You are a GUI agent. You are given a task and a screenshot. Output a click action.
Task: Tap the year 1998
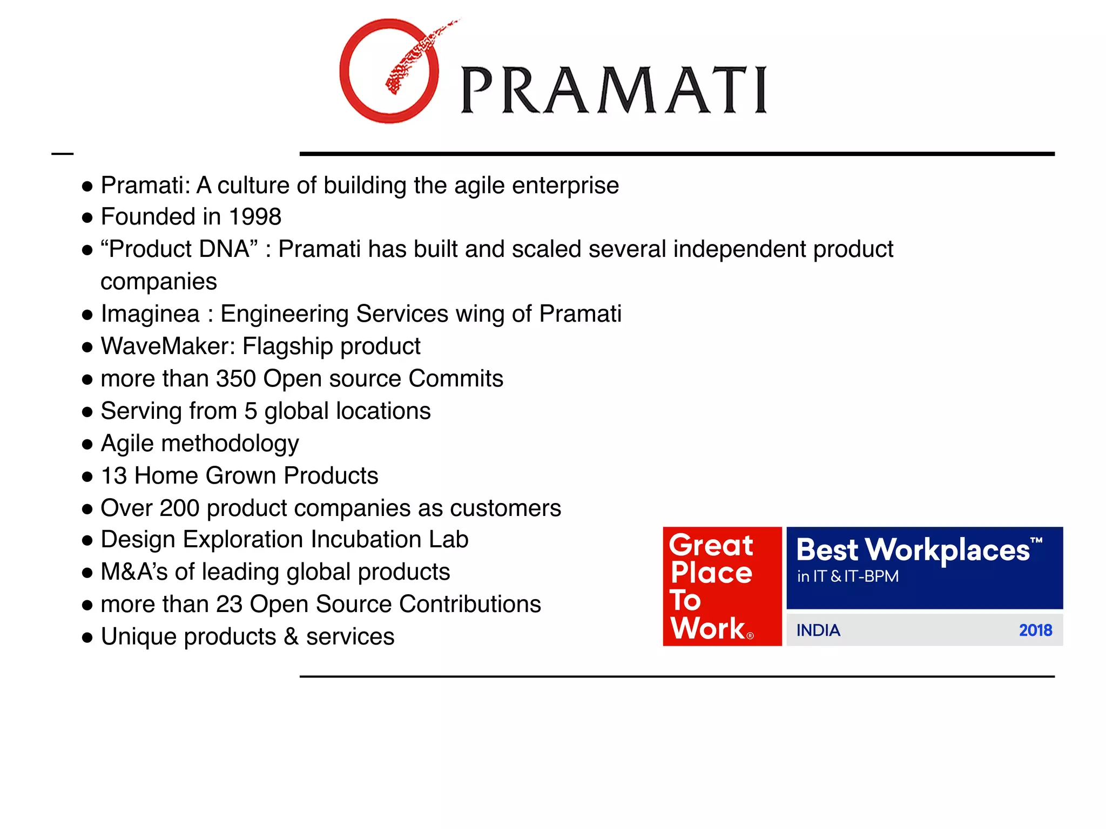(x=255, y=217)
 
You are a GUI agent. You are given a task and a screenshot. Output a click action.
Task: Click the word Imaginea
(x=150, y=314)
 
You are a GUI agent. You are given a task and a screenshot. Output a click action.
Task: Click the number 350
(x=235, y=379)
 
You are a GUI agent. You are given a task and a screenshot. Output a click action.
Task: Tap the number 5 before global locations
(x=251, y=411)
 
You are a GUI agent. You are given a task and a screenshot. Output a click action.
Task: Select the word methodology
(x=230, y=444)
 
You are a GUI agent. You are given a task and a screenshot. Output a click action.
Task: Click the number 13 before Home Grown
(x=114, y=476)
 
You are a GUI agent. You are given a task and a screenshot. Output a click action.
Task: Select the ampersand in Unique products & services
(x=291, y=637)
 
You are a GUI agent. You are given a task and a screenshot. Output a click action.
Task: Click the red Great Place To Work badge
(x=721, y=586)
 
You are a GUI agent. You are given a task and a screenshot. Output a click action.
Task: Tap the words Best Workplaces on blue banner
(x=913, y=551)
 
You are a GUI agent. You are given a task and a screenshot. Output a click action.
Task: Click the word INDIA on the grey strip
(x=818, y=630)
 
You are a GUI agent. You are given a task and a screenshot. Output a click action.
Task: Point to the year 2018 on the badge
(x=1035, y=630)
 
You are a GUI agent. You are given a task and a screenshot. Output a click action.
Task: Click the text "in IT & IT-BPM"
(x=848, y=576)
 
